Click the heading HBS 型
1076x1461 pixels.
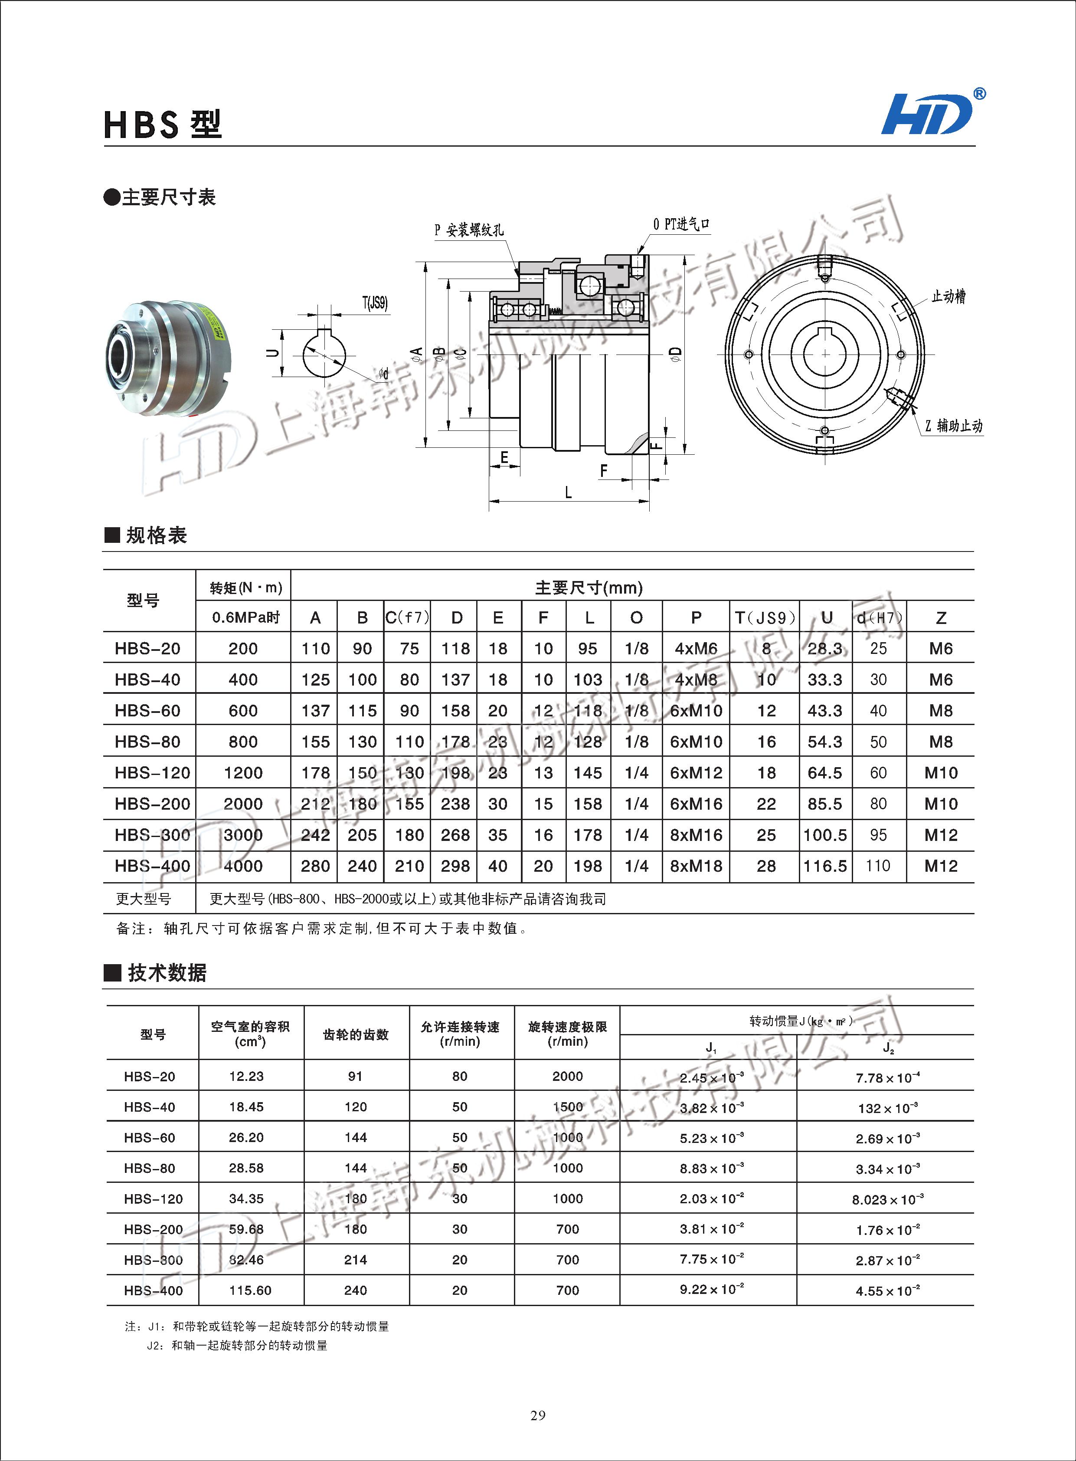[x=163, y=125]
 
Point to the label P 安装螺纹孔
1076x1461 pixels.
[x=468, y=230]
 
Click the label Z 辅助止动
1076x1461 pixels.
[x=954, y=426]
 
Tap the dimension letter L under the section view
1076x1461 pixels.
[x=568, y=492]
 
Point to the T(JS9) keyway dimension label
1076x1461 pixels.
[x=375, y=303]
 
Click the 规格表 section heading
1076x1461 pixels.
[x=156, y=535]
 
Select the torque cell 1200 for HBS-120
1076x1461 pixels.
[x=243, y=773]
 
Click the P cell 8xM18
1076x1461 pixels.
[x=696, y=866]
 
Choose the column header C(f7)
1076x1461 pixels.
[x=407, y=617]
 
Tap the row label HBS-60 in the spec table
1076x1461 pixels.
[x=148, y=711]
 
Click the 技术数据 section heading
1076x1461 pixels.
[x=167, y=973]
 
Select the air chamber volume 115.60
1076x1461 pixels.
[x=246, y=1290]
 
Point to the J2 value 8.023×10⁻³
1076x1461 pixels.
[x=887, y=1199]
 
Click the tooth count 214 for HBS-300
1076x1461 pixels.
[x=356, y=1260]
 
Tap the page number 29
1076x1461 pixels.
[x=538, y=1415]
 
